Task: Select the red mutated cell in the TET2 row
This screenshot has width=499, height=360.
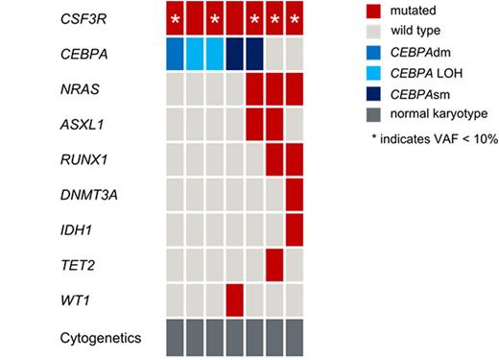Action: click(274, 261)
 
